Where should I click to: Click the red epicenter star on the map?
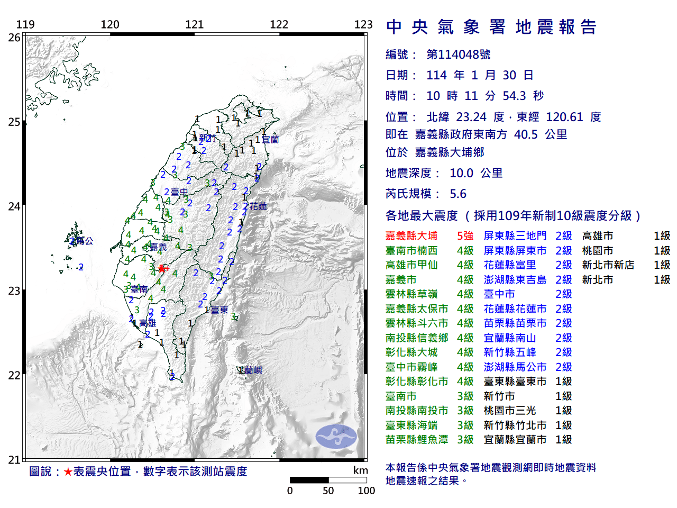pos(161,269)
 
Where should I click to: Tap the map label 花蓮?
pos(259,206)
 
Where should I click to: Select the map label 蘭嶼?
pos(253,370)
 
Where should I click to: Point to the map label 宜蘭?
pos(270,140)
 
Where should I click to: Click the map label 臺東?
pos(219,310)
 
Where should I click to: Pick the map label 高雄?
pos(148,323)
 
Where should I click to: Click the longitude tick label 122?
pos(279,24)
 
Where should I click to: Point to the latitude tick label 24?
pos(14,206)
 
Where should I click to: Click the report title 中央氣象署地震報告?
pos(491,27)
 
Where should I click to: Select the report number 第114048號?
pos(459,55)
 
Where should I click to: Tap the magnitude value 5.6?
pos(458,194)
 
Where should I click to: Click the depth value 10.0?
pos(461,173)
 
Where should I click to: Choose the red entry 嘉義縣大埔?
pos(411,236)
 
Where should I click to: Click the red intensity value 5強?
pos(465,236)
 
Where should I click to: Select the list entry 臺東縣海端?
pos(411,425)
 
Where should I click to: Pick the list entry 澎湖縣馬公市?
pos(515,367)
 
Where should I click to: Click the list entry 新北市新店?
pos(608,265)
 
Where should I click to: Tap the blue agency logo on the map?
pos(336,437)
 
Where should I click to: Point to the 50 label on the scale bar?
pos(328,491)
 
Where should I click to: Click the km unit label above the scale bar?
pos(360,470)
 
